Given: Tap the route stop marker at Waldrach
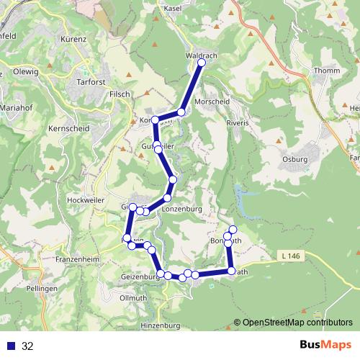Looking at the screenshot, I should point(202,63).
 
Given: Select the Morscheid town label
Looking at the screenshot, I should point(212,102).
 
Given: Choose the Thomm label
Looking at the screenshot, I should point(327,71).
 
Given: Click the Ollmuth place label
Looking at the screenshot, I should point(134,297).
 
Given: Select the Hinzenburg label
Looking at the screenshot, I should point(161,325).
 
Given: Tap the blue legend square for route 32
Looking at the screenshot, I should point(11,346).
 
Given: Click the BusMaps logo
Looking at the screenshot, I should point(325,346).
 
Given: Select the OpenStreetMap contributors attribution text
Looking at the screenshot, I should point(293,323).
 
